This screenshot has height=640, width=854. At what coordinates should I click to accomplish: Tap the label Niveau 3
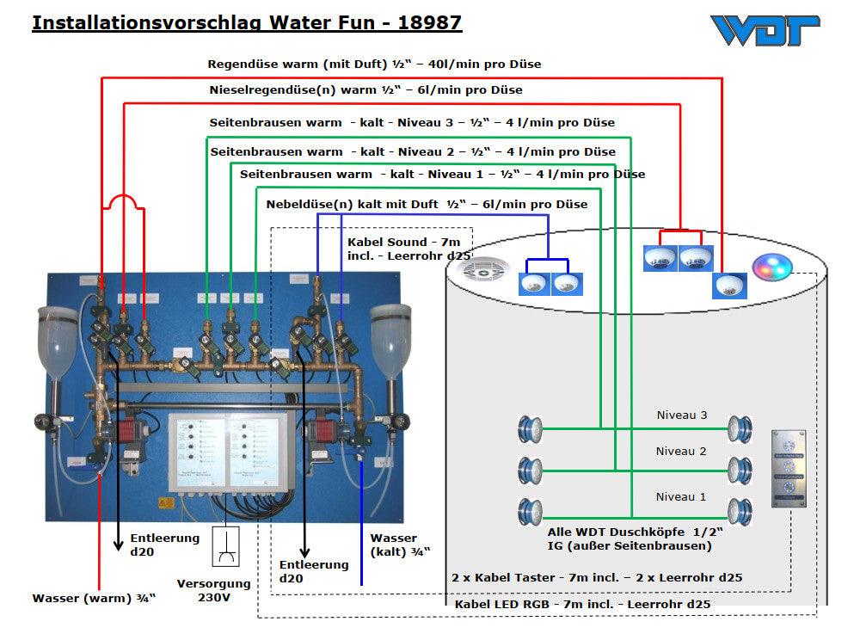point(681,415)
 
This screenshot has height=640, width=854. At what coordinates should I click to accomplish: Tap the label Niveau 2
point(681,451)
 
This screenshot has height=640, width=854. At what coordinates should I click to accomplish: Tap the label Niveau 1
point(681,496)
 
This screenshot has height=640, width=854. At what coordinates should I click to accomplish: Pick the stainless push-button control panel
point(788,468)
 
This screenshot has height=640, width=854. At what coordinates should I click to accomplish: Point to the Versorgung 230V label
point(214,590)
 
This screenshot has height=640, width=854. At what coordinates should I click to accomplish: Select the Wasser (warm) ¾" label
point(94,599)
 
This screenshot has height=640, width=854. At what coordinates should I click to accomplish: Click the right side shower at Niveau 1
point(740,511)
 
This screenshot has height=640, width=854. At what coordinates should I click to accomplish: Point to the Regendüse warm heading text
point(374,65)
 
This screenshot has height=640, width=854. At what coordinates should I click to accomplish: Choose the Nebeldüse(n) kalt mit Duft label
point(427,205)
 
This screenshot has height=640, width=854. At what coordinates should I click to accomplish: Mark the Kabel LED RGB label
point(582,605)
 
